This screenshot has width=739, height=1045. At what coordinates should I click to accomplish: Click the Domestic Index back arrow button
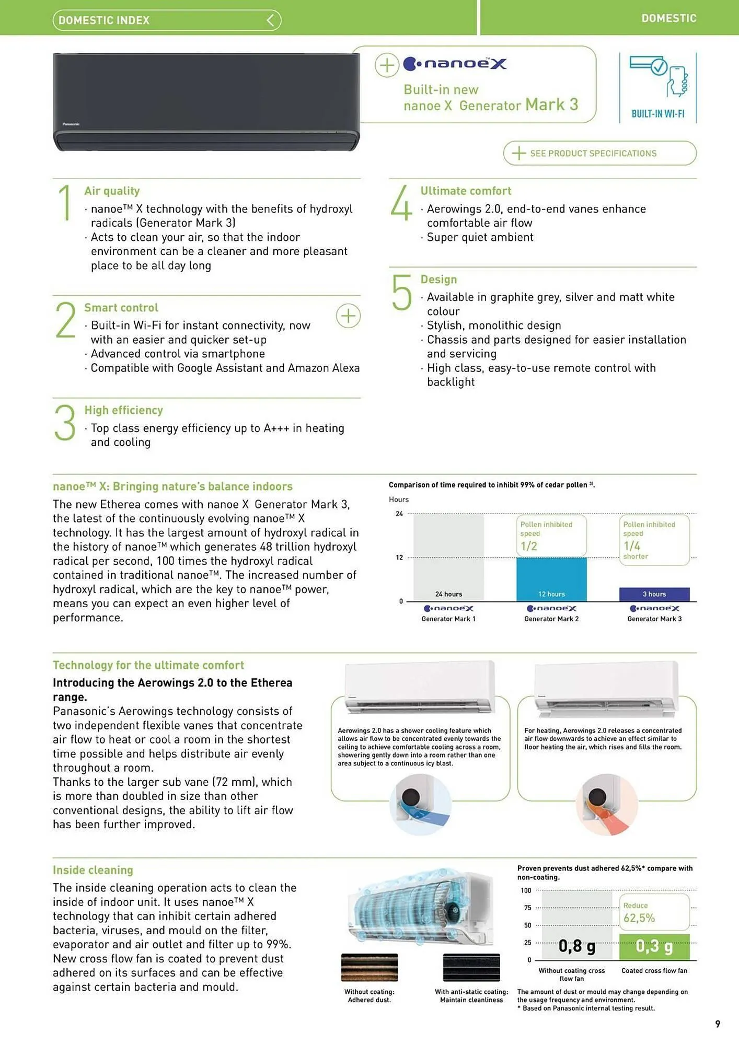click(x=270, y=20)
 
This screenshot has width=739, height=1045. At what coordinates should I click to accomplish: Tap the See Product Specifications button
click(x=599, y=153)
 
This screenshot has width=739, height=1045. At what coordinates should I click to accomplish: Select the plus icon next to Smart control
click(x=348, y=316)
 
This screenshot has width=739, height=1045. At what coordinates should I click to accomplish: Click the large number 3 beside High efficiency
click(x=65, y=423)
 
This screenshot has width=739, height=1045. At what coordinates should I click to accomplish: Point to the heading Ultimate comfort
click(x=466, y=191)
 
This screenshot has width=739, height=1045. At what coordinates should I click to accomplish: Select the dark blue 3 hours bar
click(x=654, y=594)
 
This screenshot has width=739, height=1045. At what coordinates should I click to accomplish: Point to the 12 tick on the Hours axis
click(x=399, y=558)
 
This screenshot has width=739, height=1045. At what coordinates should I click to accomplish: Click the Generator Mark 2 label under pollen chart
click(x=551, y=619)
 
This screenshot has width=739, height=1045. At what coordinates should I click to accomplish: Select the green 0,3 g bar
click(x=654, y=946)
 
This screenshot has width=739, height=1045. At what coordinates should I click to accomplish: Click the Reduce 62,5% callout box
click(x=654, y=912)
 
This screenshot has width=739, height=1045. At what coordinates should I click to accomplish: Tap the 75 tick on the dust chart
click(x=527, y=908)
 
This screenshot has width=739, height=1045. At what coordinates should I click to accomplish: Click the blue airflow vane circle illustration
click(x=420, y=805)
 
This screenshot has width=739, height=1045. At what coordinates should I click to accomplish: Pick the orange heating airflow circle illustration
click(x=606, y=805)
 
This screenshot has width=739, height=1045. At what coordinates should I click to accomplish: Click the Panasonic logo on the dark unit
click(x=71, y=124)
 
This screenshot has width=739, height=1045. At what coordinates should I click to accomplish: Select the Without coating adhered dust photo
click(x=369, y=967)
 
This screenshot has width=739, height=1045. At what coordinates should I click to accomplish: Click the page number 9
click(x=718, y=1024)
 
